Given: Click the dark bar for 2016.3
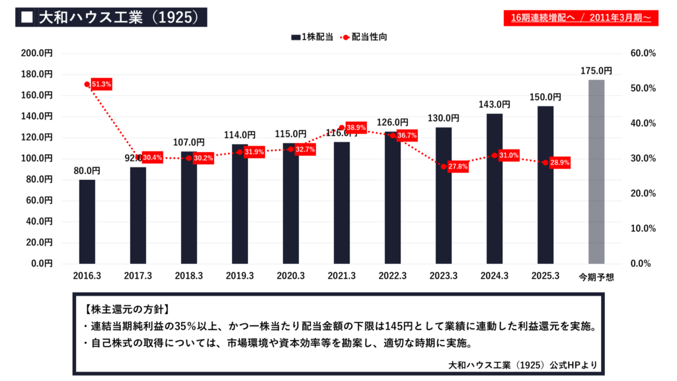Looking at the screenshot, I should tap(87, 222).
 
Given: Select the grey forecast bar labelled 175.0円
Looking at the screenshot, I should tap(596, 171).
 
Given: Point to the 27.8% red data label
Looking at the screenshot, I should tap(458, 167).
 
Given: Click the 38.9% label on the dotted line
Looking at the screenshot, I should tap(356, 127).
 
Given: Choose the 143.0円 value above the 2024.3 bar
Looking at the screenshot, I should tap(495, 105).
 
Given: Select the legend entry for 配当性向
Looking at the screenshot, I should tap(364, 37).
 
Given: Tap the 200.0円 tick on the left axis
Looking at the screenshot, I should tap(38, 53).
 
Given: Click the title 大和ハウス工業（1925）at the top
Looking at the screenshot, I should tap(119, 17).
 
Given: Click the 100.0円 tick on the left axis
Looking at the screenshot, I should tap(38, 158).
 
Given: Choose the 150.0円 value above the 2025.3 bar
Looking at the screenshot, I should tap(545, 97).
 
